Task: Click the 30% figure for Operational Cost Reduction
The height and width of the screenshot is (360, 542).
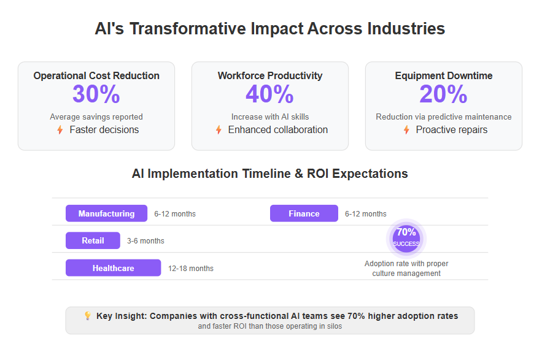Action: click(96, 94)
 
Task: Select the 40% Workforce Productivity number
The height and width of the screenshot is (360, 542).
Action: click(269, 94)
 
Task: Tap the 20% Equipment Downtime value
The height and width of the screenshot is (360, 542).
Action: click(444, 94)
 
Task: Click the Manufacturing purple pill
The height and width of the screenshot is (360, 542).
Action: click(106, 213)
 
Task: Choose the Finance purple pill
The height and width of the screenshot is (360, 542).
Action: click(304, 213)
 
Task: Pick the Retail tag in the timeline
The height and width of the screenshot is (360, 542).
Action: click(93, 240)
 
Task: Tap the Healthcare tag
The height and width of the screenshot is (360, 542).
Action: click(114, 268)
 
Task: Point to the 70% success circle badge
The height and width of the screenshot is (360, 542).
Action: click(406, 239)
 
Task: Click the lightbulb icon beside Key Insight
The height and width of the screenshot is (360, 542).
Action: click(88, 316)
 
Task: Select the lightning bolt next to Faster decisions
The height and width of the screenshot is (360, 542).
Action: click(60, 130)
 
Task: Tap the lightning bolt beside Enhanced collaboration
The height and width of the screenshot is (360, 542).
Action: click(219, 130)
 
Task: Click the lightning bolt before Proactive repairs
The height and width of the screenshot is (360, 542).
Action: click(406, 130)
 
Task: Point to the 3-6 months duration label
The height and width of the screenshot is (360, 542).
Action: click(145, 241)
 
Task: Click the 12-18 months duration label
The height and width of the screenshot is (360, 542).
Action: click(191, 269)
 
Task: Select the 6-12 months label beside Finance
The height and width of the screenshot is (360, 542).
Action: click(366, 214)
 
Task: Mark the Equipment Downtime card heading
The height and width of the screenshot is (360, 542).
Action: click(444, 75)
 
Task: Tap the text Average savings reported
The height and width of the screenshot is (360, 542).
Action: click(96, 117)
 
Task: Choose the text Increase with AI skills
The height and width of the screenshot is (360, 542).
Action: click(270, 117)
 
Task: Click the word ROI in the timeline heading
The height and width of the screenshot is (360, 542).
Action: click(318, 174)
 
